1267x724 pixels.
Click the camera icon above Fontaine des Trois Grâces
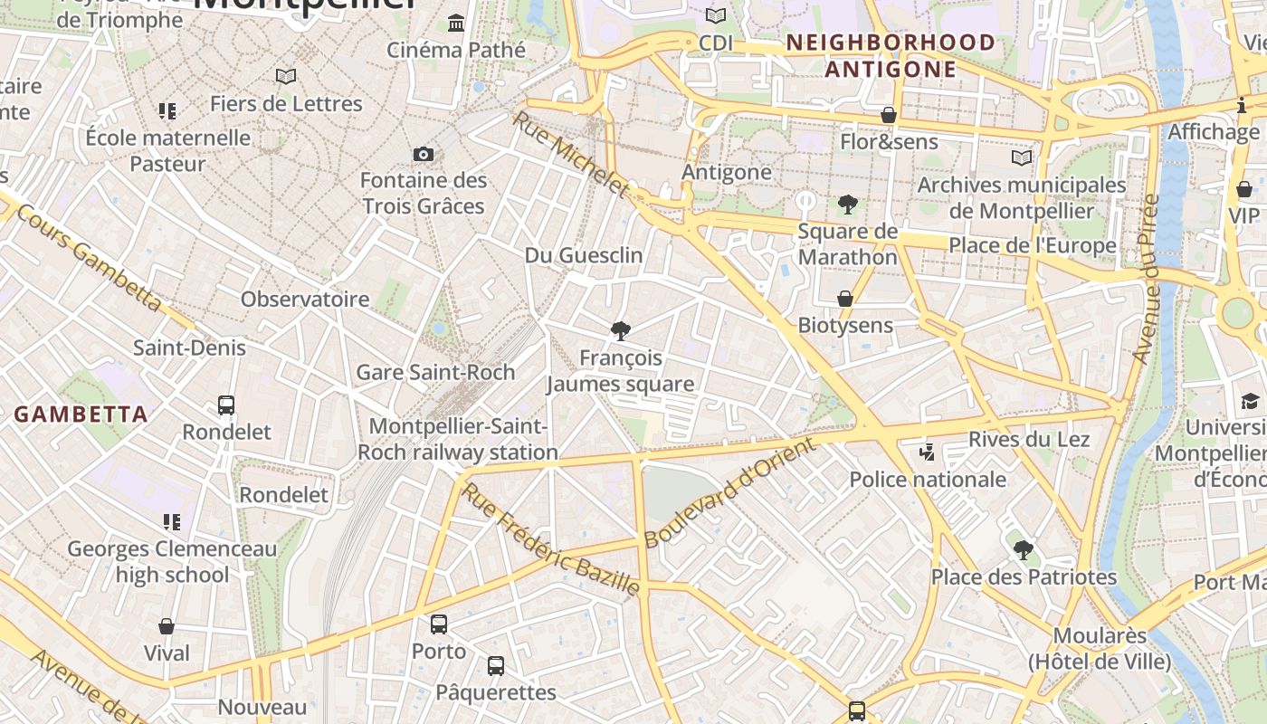(x=423, y=154)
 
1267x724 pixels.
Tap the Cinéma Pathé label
(x=455, y=50)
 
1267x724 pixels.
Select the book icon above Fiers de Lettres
(x=286, y=77)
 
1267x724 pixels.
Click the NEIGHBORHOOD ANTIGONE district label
(x=891, y=56)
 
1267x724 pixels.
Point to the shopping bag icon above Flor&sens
(x=889, y=115)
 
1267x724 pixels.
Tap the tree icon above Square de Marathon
(x=847, y=204)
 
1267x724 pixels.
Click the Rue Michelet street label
(x=570, y=154)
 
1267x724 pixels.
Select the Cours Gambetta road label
(x=89, y=258)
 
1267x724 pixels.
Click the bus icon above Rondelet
(x=226, y=405)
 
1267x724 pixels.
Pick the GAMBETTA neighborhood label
(x=81, y=414)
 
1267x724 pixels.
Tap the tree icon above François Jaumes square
(x=620, y=331)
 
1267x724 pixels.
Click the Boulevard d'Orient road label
(x=729, y=492)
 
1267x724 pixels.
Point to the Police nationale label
(x=928, y=479)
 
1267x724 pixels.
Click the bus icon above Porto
(x=439, y=624)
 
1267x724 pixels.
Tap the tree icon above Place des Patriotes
(x=1023, y=549)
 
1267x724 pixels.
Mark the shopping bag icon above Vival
(x=167, y=626)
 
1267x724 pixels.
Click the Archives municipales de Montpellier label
(x=1022, y=198)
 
